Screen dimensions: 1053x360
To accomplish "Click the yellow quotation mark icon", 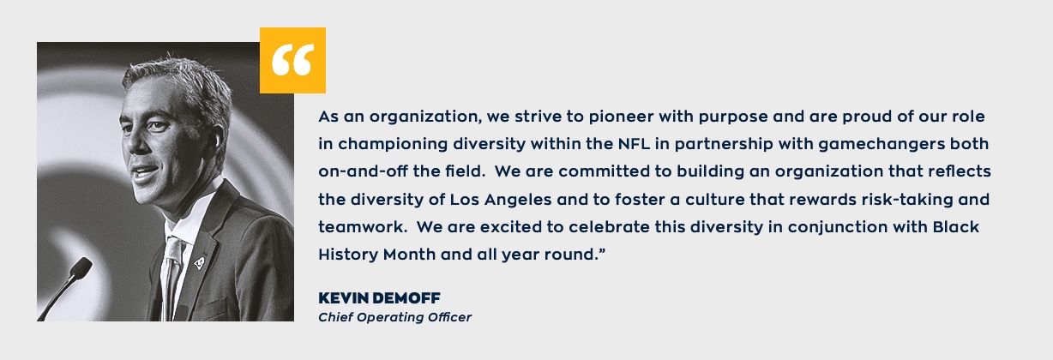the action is coord(292,60).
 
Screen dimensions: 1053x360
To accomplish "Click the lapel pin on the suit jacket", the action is coord(199,263).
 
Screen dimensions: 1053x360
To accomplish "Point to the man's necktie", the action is coord(172,277).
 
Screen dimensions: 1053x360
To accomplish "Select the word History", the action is coord(348,255).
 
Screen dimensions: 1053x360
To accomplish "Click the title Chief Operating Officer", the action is coord(394,318).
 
